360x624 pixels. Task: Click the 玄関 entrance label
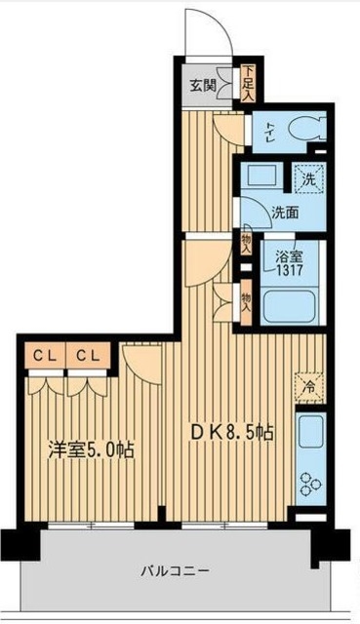[203, 82]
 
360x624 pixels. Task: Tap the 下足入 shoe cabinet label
[248, 83]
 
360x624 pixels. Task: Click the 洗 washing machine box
[307, 179]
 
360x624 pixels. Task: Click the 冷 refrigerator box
[307, 385]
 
